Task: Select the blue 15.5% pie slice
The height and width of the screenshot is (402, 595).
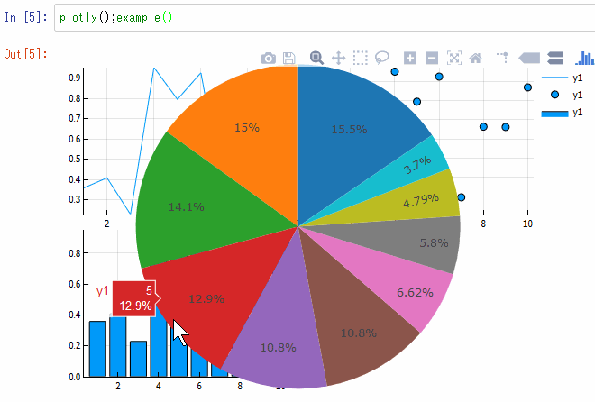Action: (x=352, y=126)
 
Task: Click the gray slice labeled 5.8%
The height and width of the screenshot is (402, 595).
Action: (x=433, y=242)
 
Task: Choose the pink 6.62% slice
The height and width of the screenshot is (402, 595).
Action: (x=416, y=291)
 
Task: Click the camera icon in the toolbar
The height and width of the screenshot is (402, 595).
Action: (x=268, y=58)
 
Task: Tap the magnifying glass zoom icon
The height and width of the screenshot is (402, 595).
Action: (x=316, y=58)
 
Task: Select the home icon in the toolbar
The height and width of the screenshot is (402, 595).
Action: (x=476, y=58)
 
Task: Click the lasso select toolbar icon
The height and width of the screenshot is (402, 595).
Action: (x=382, y=58)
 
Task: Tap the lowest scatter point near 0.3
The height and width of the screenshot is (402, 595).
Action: (x=462, y=197)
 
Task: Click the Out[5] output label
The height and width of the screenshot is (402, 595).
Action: (x=26, y=54)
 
